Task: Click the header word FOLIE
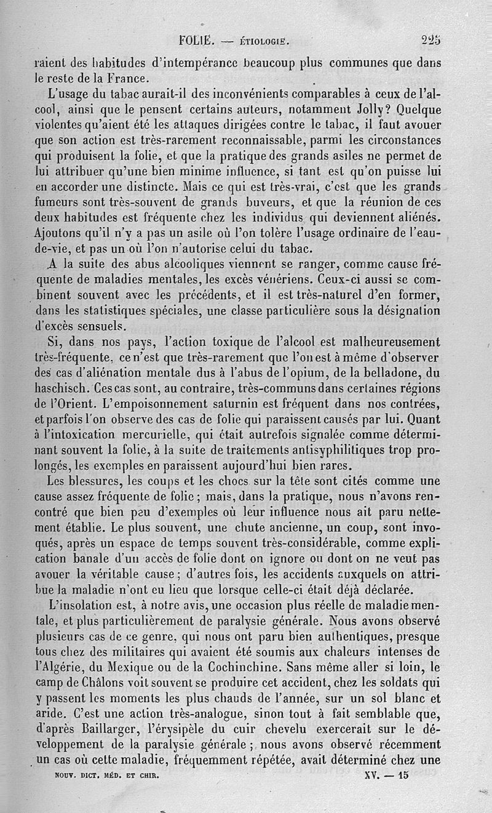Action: (196, 42)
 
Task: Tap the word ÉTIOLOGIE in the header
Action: (262, 42)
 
